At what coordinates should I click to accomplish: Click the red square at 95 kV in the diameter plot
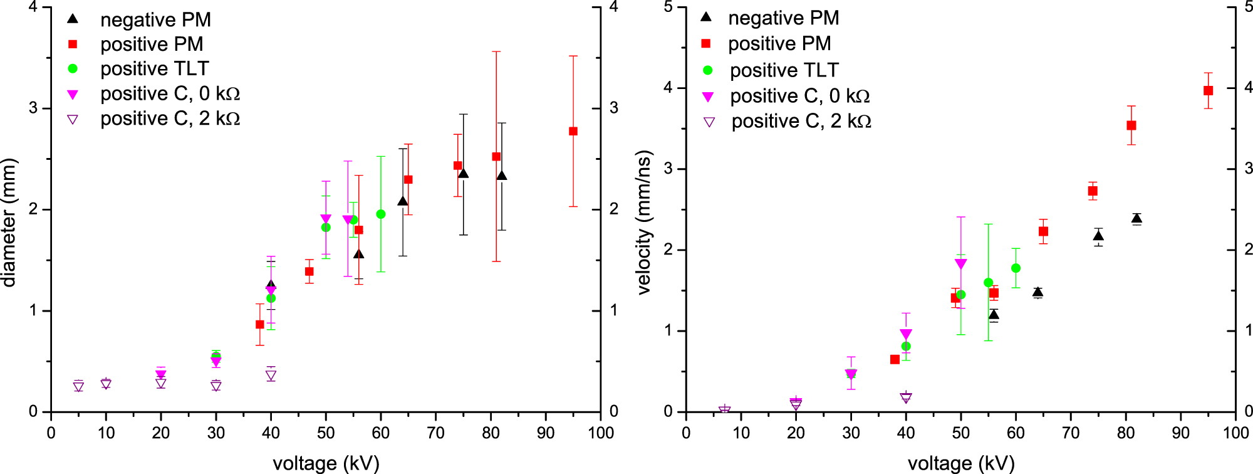click(x=573, y=131)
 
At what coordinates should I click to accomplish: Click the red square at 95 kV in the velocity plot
click(x=1209, y=91)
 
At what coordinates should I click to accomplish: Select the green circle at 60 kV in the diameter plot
click(x=380, y=214)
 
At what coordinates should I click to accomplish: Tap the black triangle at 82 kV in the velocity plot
click(x=1136, y=219)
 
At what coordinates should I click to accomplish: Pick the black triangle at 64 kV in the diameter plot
click(x=403, y=201)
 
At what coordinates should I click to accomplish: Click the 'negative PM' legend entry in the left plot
click(x=155, y=19)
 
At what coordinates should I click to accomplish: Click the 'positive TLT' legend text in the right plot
click(x=784, y=70)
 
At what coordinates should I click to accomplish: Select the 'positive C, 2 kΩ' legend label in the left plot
click(x=170, y=118)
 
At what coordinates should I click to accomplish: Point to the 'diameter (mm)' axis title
click(x=9, y=223)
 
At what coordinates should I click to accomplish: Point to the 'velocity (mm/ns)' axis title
click(x=644, y=223)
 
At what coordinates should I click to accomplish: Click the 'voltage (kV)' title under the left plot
click(x=326, y=463)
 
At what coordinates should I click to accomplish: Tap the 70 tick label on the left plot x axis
click(x=435, y=433)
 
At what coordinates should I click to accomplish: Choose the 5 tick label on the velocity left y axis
click(x=668, y=7)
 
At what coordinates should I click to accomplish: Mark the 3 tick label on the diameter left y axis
click(x=33, y=108)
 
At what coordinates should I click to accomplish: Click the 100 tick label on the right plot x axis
click(x=1235, y=433)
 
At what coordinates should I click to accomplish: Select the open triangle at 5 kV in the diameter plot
click(x=78, y=387)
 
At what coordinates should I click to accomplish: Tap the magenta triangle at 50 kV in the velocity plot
click(x=960, y=264)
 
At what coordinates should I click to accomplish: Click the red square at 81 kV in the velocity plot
click(x=1131, y=125)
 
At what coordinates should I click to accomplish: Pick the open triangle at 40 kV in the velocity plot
click(x=906, y=398)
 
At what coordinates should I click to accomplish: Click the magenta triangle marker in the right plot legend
click(x=708, y=97)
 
